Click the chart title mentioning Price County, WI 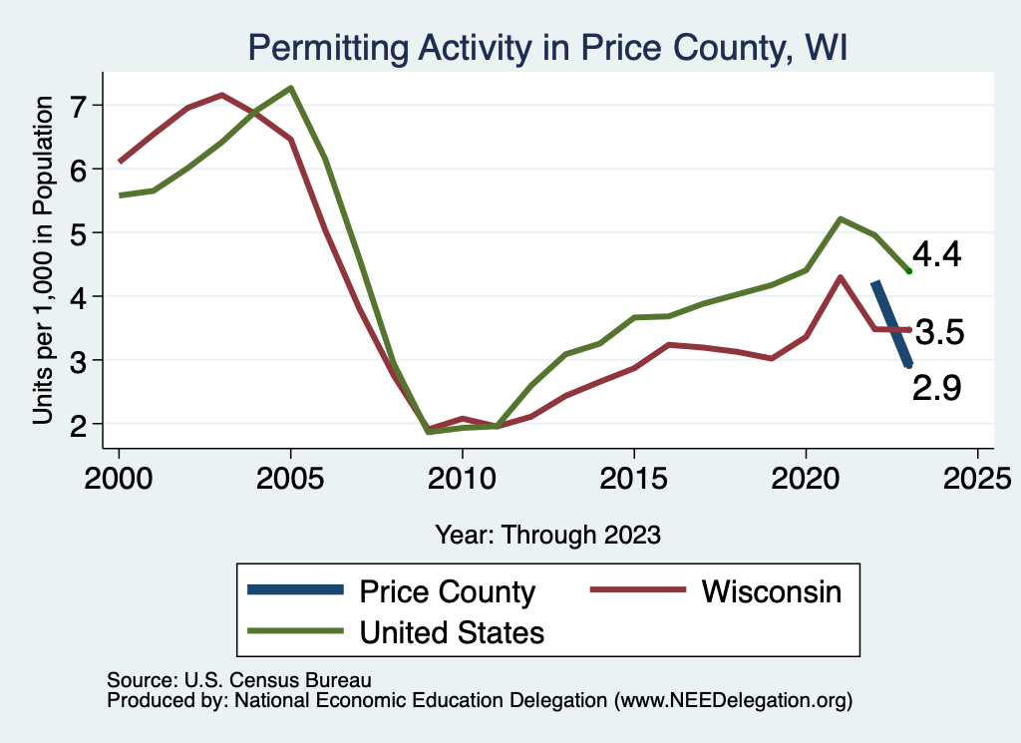[x=546, y=48]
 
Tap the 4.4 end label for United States [x=937, y=255]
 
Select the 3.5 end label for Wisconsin [x=938, y=333]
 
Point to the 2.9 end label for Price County [x=936, y=388]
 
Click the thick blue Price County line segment [x=891, y=324]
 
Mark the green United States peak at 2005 [x=290, y=88]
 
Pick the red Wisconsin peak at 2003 [x=221, y=95]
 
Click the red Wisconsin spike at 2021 [x=841, y=277]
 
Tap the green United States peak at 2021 [x=841, y=218]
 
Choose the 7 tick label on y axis [x=81, y=105]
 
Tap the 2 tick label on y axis [x=81, y=424]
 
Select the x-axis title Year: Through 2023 [x=547, y=535]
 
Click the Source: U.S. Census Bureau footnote [x=238, y=680]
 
